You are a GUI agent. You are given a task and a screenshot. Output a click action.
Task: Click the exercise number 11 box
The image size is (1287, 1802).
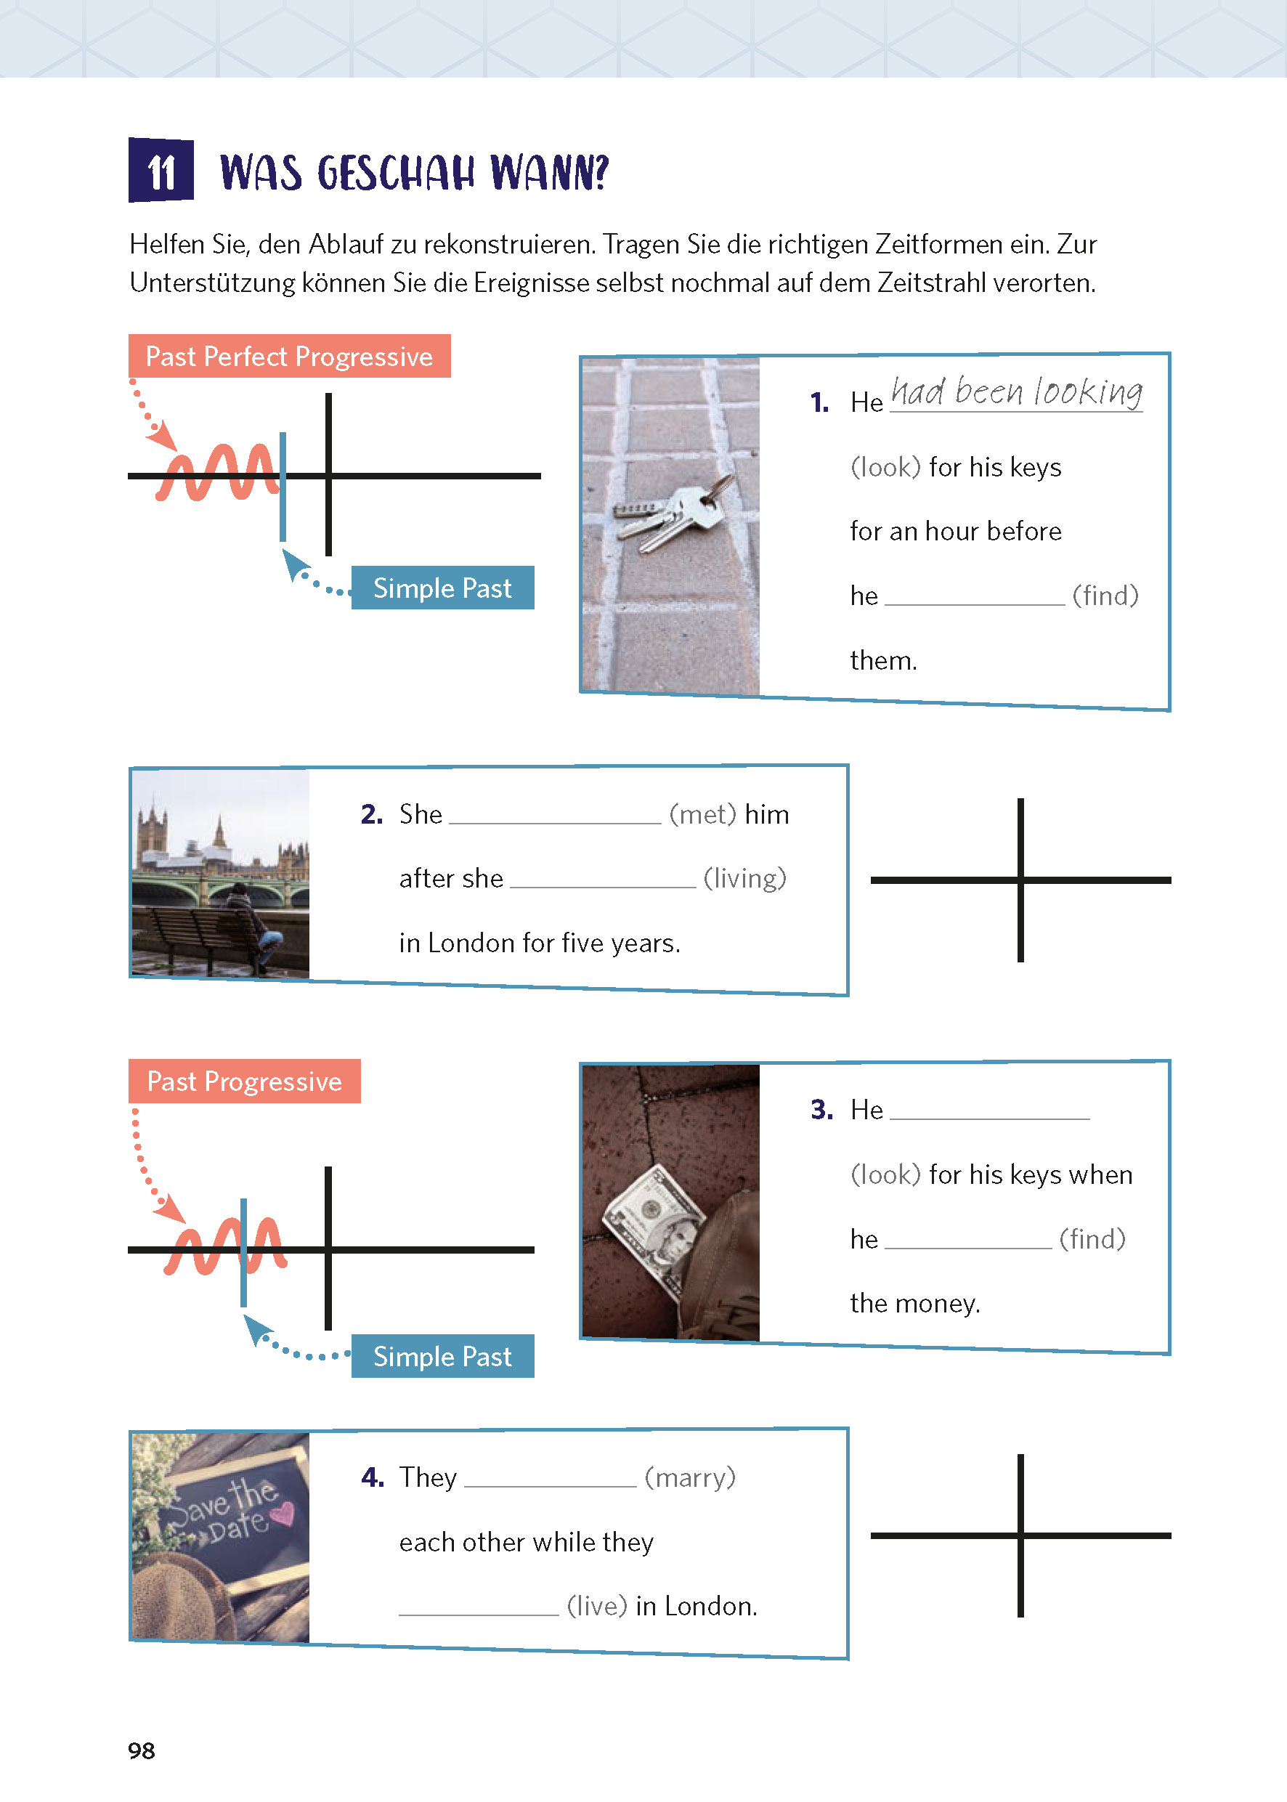pyautogui.click(x=161, y=171)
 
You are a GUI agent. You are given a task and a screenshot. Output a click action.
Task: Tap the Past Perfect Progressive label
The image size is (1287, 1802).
pyautogui.click(x=289, y=357)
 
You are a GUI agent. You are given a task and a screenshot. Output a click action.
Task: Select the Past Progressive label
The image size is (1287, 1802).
pyautogui.click(x=244, y=1081)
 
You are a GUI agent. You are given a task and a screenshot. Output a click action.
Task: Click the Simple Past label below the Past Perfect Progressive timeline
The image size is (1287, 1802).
pyautogui.click(x=442, y=588)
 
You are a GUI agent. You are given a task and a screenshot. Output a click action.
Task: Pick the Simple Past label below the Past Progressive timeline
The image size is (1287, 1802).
pyautogui.click(x=442, y=1357)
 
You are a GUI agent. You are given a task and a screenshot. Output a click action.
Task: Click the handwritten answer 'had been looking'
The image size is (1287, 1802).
pyautogui.click(x=1016, y=392)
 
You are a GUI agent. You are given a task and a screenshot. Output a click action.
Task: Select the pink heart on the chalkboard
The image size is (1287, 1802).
pyautogui.click(x=282, y=1513)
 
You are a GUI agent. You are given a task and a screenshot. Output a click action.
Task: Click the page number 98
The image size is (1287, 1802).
pyautogui.click(x=141, y=1750)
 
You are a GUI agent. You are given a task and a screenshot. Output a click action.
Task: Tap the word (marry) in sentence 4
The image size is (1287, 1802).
pyautogui.click(x=689, y=1477)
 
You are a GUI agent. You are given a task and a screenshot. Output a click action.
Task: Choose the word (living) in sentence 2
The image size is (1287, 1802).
pyautogui.click(x=745, y=878)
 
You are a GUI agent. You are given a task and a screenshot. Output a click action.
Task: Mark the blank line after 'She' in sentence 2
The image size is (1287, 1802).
pyautogui.click(x=555, y=819)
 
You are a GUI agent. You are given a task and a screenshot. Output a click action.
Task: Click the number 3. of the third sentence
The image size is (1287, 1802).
pyautogui.click(x=821, y=1109)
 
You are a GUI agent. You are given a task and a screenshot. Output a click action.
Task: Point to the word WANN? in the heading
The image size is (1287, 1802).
pyautogui.click(x=549, y=172)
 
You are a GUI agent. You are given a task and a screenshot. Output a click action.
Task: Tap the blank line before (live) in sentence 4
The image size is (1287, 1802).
pyautogui.click(x=479, y=1610)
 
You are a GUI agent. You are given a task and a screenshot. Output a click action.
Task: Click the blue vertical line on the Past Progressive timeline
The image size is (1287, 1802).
pyautogui.click(x=243, y=1252)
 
